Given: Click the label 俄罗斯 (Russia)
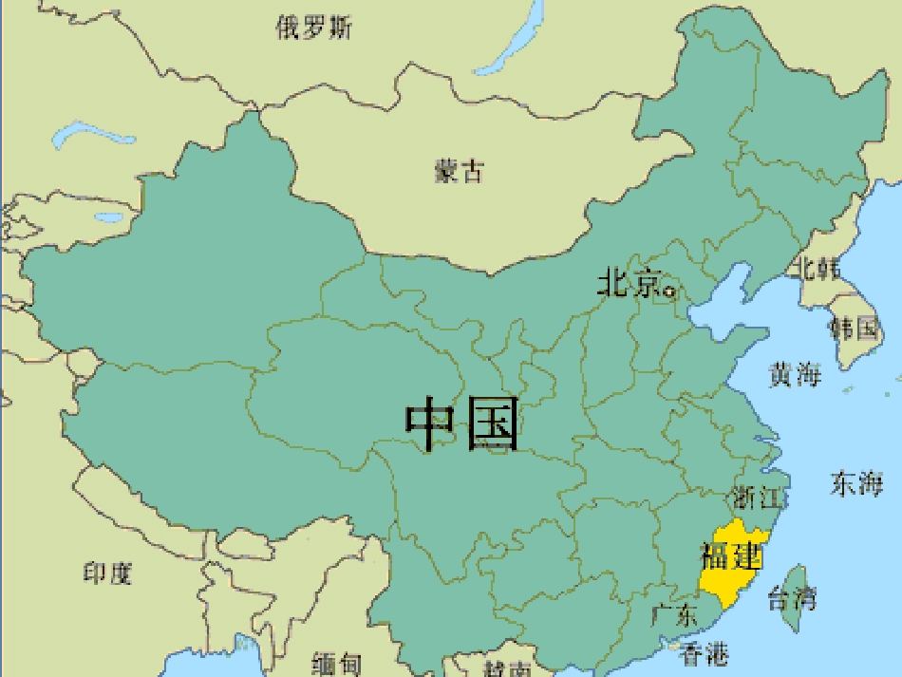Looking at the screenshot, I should [313, 28].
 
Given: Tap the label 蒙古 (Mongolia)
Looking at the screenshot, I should [460, 171].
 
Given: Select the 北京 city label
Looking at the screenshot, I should [628, 283].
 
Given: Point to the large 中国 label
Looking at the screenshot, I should [463, 424].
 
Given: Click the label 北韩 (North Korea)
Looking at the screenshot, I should [817, 269].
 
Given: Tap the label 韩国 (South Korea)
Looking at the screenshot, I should [854, 329].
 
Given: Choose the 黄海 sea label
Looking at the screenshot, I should [795, 375].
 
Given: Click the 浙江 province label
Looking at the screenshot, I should [756, 498].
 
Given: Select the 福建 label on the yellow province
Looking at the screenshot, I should [730, 555].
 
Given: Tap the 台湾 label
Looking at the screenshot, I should [792, 599].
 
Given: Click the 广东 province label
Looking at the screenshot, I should [675, 615].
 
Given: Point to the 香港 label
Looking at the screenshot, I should [705, 653].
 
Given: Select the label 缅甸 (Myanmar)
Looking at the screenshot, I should [336, 664].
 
